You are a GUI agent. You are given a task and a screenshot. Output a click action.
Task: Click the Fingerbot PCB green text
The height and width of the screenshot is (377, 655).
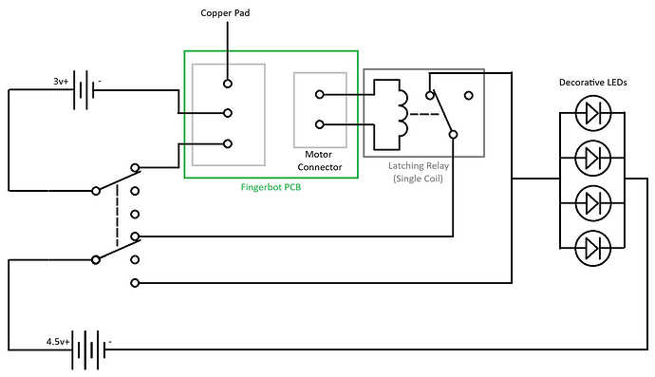click(x=271, y=187)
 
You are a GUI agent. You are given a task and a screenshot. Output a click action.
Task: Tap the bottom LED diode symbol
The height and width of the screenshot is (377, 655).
click(x=593, y=248)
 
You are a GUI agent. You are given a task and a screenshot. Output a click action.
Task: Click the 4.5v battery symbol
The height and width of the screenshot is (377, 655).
click(x=88, y=349)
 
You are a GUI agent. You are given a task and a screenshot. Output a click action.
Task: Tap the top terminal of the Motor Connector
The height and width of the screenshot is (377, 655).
click(x=319, y=94)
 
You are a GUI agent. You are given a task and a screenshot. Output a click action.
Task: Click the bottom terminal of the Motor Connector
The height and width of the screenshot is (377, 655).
click(x=319, y=124)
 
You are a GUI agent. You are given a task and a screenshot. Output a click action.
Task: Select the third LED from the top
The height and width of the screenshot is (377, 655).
click(x=593, y=202)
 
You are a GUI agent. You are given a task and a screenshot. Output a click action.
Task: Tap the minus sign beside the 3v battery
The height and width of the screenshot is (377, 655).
click(x=101, y=82)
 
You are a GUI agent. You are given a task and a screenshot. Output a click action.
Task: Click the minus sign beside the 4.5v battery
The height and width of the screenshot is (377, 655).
click(x=111, y=340)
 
